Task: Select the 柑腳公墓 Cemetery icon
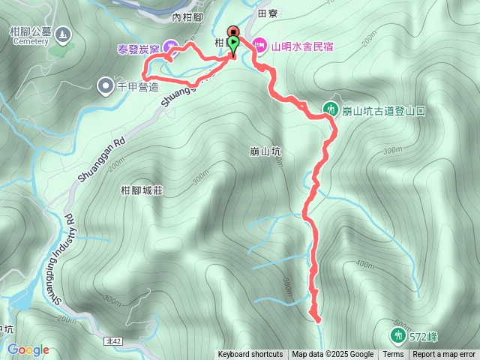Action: point(61,34)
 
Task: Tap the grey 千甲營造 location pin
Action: point(105,85)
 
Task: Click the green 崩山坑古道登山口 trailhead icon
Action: point(330,109)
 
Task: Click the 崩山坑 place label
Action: point(265,151)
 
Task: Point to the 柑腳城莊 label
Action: point(142,191)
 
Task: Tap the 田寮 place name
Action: point(267,13)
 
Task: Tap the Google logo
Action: point(28,349)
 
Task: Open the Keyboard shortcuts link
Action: point(250,355)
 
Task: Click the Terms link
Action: point(393,355)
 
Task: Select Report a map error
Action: point(444,355)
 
